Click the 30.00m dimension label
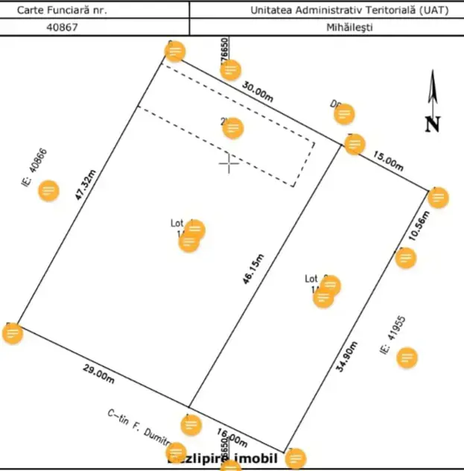pos(256,92)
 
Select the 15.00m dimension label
pos(387,162)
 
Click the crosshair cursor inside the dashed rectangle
pos(229,162)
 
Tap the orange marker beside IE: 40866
pos(49,191)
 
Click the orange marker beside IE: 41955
pos(407,358)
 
